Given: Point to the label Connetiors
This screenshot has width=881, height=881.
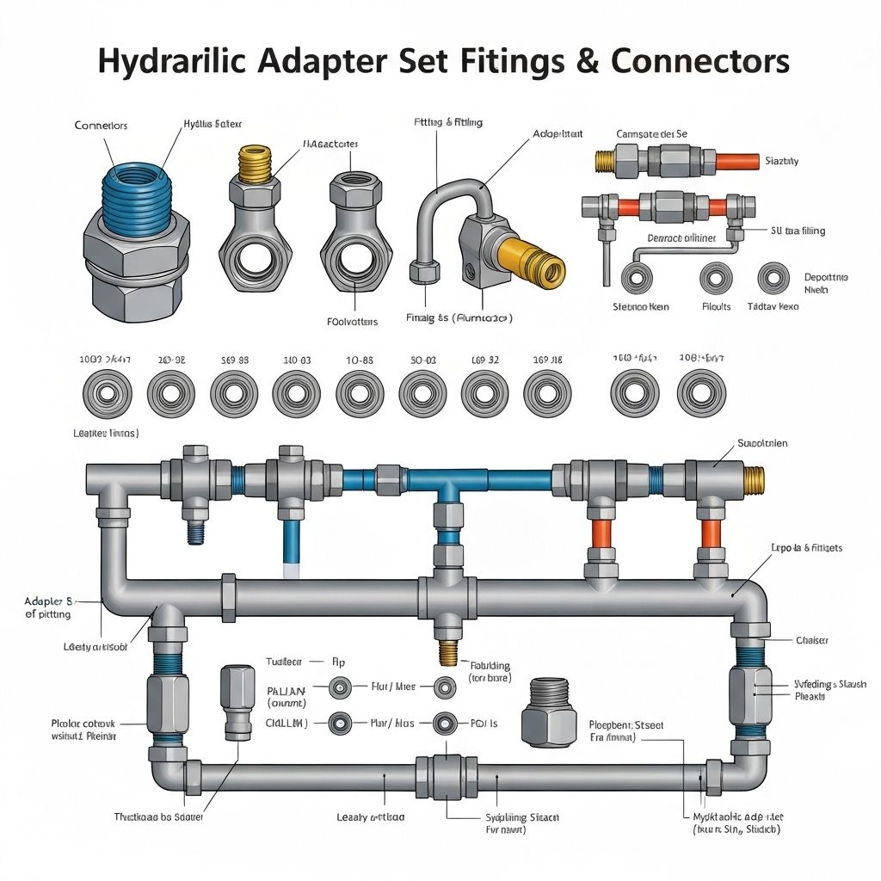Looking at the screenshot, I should (x=101, y=126).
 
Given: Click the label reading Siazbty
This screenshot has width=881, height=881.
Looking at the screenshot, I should (x=781, y=161).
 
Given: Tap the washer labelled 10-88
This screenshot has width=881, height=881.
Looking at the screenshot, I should (x=359, y=393).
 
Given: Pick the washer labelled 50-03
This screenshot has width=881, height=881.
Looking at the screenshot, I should (x=422, y=393).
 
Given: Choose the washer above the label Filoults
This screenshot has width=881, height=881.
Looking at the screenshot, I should (x=716, y=278).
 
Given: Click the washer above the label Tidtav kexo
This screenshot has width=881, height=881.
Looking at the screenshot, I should (x=773, y=278).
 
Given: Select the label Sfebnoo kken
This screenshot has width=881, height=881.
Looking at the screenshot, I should (x=640, y=306).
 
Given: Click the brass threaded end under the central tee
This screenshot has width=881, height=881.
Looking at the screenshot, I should (x=447, y=651).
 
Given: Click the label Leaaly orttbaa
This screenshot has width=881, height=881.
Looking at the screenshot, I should (x=371, y=816).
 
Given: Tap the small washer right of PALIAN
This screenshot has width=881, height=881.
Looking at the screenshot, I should (x=341, y=687).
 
